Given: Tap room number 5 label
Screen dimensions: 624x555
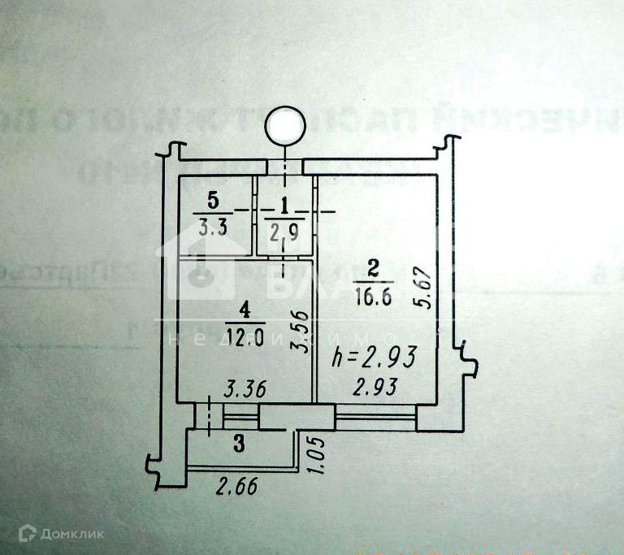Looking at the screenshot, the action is [x=213, y=199].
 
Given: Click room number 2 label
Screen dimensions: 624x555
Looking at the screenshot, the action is [x=373, y=267].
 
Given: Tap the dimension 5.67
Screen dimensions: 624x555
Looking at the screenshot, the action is [x=422, y=287].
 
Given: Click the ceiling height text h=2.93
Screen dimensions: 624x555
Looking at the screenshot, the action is [x=375, y=357].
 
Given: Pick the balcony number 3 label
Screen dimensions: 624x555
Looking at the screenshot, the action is [x=239, y=444].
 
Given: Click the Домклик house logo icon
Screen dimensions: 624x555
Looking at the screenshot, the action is [x=28, y=532].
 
